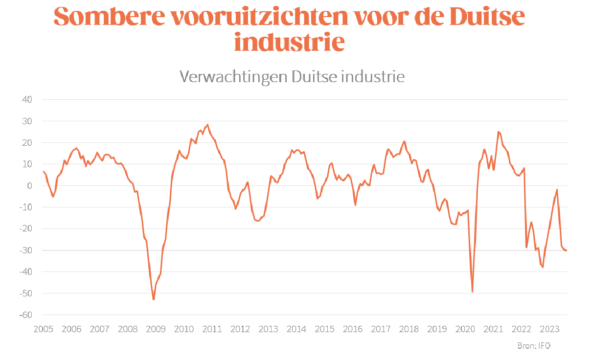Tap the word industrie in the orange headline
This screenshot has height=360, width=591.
[x=290, y=42]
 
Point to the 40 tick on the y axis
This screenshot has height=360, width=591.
[x=26, y=100]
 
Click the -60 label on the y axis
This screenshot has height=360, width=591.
[x=25, y=315]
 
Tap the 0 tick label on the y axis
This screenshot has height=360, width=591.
[x=29, y=186]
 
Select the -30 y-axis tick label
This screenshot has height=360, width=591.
[x=25, y=250]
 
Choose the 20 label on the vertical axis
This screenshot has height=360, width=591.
[x=26, y=143]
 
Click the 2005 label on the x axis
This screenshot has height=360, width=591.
[x=43, y=329]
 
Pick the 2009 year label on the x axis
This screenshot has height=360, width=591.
[x=156, y=329]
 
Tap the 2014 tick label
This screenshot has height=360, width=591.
[x=296, y=329]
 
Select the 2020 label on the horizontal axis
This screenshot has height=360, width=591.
[x=465, y=329]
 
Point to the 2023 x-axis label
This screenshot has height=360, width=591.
[x=549, y=329]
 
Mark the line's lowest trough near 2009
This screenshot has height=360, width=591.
[x=154, y=299]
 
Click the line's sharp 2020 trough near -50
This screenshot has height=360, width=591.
[x=472, y=292]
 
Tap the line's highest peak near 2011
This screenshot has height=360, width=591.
[x=207, y=125]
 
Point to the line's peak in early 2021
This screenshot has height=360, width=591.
[x=499, y=132]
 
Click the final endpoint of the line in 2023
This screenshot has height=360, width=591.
[x=566, y=250]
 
